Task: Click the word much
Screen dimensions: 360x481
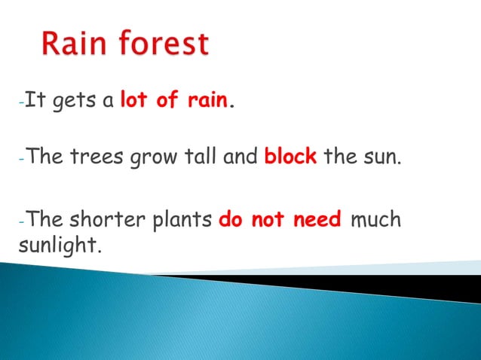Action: pyautogui.click(x=375, y=221)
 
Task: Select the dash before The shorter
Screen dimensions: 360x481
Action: pyautogui.click(x=21, y=222)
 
